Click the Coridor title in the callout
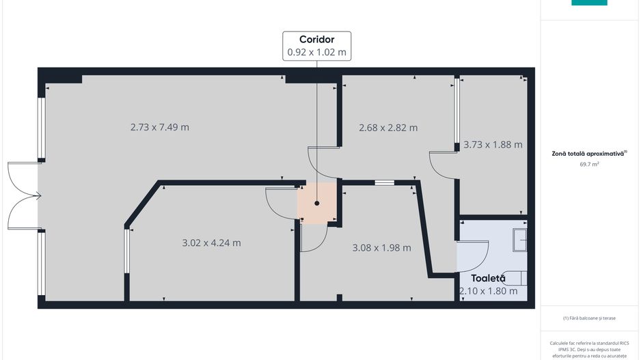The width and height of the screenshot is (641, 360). click(317, 39)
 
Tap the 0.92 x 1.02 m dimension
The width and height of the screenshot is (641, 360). click(317, 53)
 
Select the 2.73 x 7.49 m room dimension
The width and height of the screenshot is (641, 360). click(160, 127)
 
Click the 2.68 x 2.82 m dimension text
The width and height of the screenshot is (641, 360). click(388, 128)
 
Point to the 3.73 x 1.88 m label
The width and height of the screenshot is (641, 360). click(493, 145)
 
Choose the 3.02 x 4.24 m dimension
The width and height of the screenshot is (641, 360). click(211, 243)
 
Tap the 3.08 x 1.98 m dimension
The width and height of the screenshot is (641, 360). click(382, 247)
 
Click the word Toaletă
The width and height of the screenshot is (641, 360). click(488, 278)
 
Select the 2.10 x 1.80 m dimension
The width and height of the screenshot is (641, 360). click(489, 291)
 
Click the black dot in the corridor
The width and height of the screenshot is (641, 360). click(317, 203)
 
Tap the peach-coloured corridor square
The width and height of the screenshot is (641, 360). click(317, 203)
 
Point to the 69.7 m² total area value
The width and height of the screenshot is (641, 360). click(589, 164)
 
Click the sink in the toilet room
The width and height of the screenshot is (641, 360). click(520, 240)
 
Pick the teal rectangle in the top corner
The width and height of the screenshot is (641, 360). click(589, 3)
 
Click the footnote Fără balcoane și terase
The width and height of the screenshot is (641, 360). click(589, 318)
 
